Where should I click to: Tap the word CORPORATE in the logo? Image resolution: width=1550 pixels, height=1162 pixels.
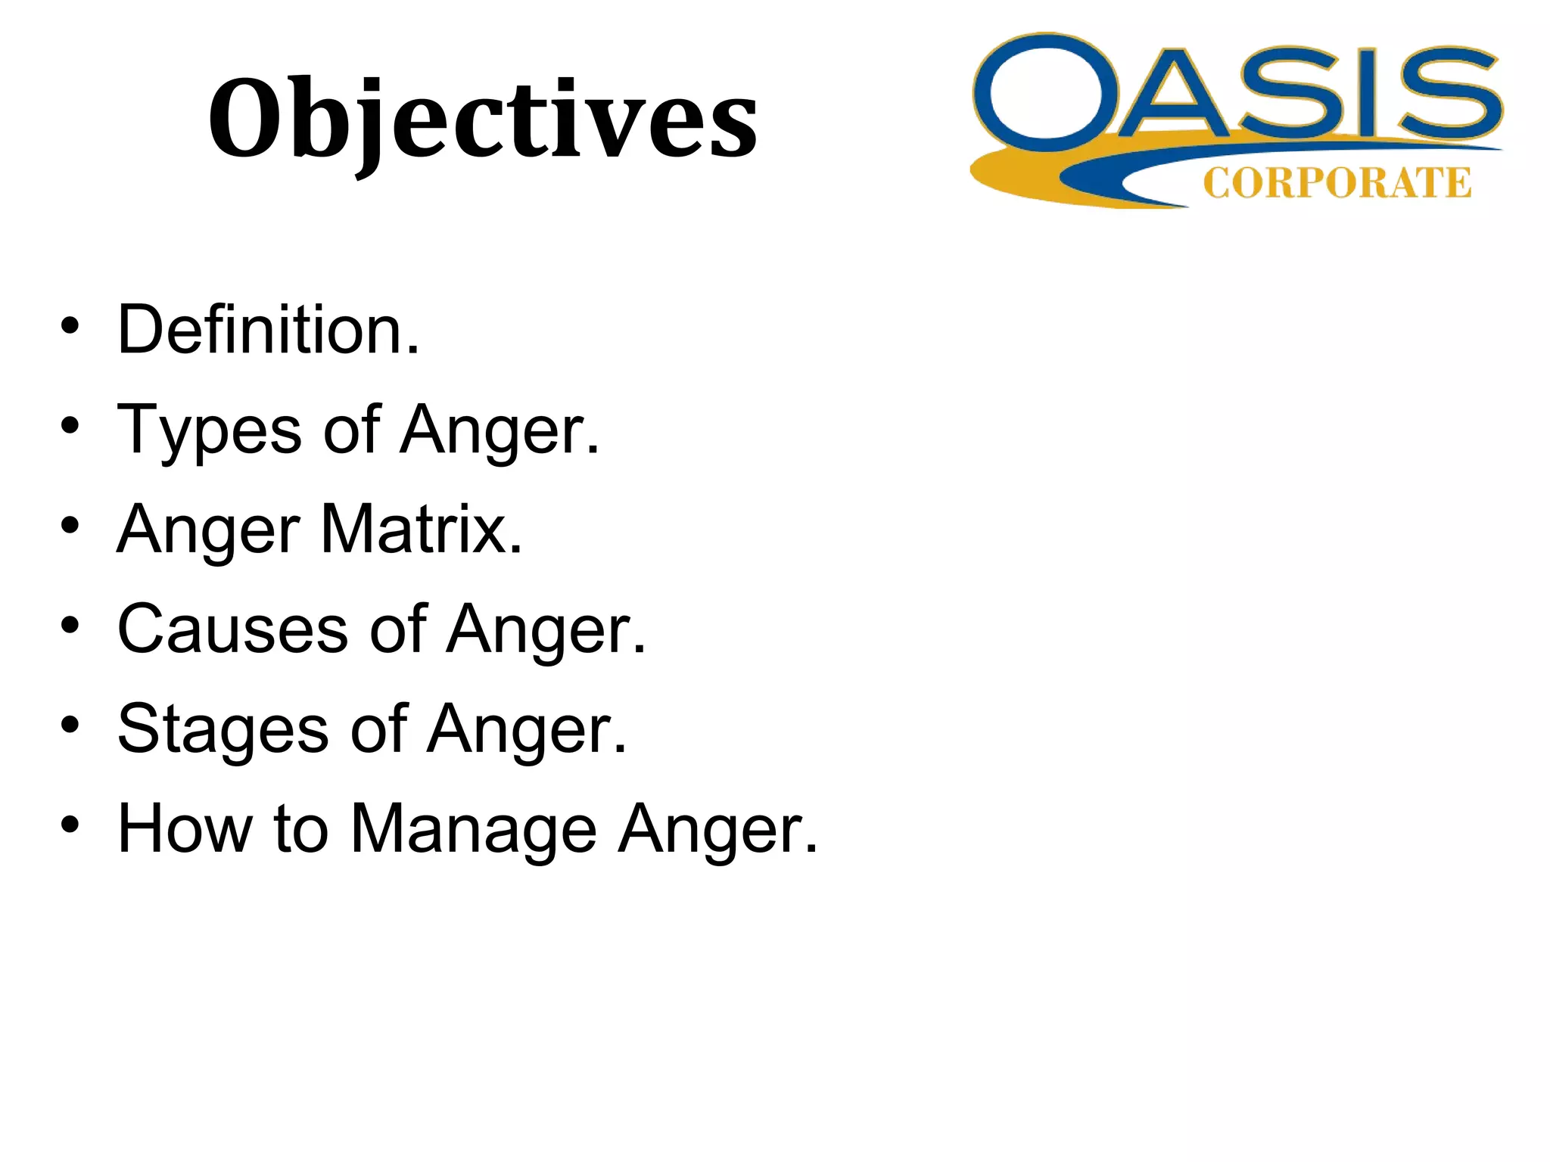(1337, 184)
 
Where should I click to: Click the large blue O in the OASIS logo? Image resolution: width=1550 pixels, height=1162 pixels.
(1047, 92)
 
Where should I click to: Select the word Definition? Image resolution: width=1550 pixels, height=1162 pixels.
(268, 330)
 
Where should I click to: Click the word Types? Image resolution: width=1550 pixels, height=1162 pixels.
(210, 430)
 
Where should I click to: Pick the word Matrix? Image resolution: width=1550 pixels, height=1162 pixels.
(421, 530)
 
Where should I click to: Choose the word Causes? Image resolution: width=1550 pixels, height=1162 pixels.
(232, 629)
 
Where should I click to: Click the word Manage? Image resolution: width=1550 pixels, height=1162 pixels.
(474, 829)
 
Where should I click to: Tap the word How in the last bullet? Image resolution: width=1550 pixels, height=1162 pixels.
(185, 829)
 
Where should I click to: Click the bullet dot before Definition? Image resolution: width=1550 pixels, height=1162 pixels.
(70, 326)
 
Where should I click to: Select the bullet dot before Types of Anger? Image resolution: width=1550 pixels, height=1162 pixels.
(70, 426)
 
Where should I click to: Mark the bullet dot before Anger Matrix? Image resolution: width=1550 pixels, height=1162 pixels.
(70, 526)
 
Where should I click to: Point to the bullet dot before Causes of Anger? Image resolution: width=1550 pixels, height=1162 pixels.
(70, 626)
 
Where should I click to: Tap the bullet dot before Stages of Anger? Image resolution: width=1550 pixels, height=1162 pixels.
(70, 725)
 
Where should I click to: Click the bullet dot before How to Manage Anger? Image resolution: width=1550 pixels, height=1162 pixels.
(70, 825)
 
